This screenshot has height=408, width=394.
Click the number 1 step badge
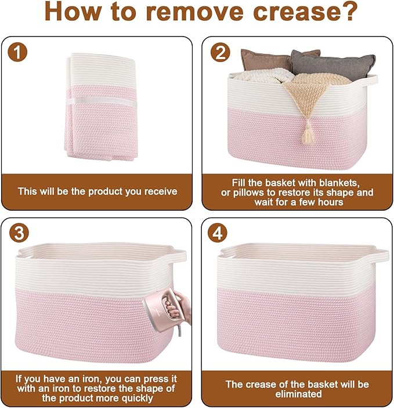coord(17,52)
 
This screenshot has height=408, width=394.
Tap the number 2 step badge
coord(221,52)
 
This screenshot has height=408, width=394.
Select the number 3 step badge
coord(19,233)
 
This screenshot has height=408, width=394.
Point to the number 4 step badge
coord(218,233)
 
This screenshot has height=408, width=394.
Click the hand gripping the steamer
coord(178,308)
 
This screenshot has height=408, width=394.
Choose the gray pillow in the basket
coord(333,64)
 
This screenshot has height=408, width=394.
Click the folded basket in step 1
coord(101,106)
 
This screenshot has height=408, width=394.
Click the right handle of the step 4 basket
coord(382,254)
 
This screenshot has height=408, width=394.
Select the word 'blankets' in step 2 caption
coord(339,183)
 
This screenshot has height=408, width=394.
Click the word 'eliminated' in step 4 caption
coord(298,394)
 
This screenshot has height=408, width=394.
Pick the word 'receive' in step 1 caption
coord(161,192)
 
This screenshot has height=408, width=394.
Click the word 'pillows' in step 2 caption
coord(251,193)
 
